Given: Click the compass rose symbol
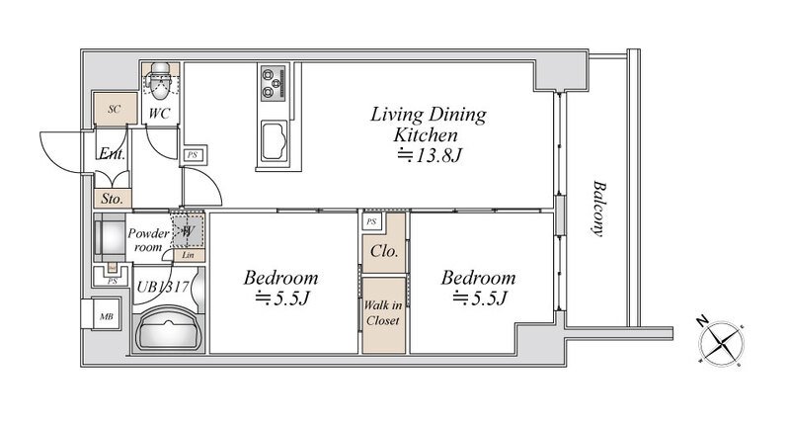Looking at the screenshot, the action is pyautogui.click(x=721, y=343).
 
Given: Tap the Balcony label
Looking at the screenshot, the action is pyautogui.click(x=598, y=209).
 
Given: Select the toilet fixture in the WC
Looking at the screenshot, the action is pyautogui.click(x=160, y=81).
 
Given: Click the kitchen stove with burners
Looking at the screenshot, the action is pyautogui.click(x=274, y=82).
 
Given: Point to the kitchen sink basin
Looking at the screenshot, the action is pyautogui.click(x=275, y=141).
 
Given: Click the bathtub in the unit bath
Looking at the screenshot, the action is pyautogui.click(x=169, y=328).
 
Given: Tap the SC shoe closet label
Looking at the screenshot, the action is pyautogui.click(x=115, y=109).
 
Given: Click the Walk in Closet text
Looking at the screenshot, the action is pyautogui.click(x=383, y=312).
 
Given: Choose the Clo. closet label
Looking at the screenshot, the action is pyautogui.click(x=384, y=251).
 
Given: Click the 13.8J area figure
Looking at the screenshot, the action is pyautogui.click(x=430, y=155).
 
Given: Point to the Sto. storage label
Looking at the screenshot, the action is pyautogui.click(x=112, y=199).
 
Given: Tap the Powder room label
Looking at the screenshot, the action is pyautogui.click(x=148, y=240).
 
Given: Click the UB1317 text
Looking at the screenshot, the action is pyautogui.click(x=163, y=287).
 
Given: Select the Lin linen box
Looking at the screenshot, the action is pyautogui.click(x=188, y=256).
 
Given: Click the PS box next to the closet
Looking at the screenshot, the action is pyautogui.click(x=371, y=221).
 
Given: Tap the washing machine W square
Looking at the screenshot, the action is pyautogui.click(x=188, y=231).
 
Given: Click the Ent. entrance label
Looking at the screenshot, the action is pyautogui.click(x=112, y=153).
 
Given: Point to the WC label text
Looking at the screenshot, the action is pyautogui.click(x=159, y=113).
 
